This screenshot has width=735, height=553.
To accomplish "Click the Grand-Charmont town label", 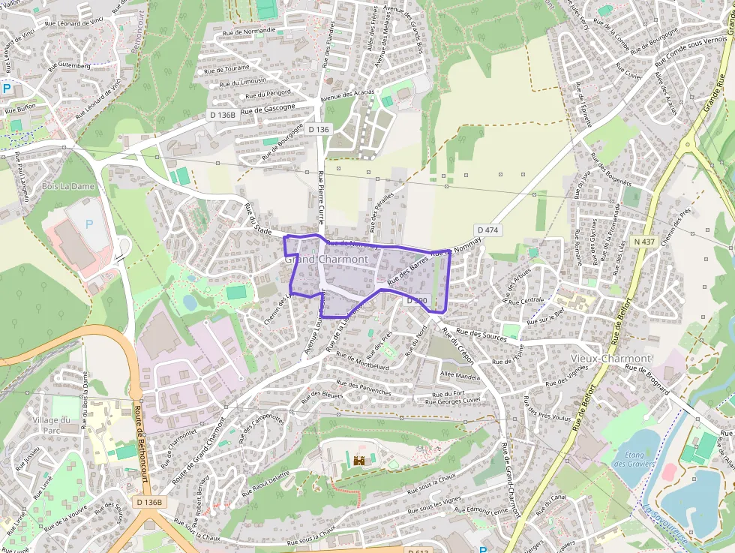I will pyautogui.click(x=326, y=260).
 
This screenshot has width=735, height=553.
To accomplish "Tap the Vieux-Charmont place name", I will pyautogui.click(x=610, y=359).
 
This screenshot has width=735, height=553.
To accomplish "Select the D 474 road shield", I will pyautogui.click(x=488, y=230).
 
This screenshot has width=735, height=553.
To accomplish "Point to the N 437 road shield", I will pyautogui.click(x=643, y=242).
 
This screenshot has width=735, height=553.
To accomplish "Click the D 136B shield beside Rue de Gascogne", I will pyautogui.click(x=222, y=116).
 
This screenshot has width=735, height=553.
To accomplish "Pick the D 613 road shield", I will pyautogui.click(x=419, y=552).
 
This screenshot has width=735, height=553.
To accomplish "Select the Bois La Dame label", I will pyautogui.click(x=68, y=185).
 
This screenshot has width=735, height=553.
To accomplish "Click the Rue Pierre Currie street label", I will pyautogui.click(x=322, y=197).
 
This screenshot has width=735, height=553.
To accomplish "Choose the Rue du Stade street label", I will pyautogui.click(x=258, y=219).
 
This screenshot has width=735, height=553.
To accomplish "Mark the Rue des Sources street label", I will pyautogui.click(x=474, y=335).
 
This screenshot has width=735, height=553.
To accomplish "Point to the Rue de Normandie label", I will pyautogui.click(x=249, y=32).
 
